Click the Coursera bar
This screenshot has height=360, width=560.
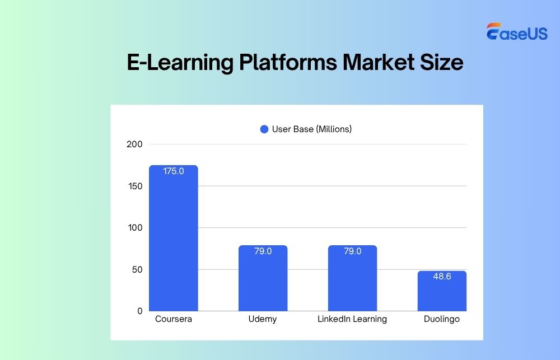tap(173, 238)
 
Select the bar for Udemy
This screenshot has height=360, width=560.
tap(263, 278)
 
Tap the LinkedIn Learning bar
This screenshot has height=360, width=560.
tap(352, 278)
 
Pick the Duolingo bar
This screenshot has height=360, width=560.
tap(442, 291)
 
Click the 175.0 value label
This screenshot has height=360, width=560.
tap(173, 171)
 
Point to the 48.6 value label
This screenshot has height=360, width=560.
tap(442, 277)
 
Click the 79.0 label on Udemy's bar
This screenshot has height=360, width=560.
tap(263, 251)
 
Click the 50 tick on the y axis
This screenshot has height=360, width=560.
tap(137, 269)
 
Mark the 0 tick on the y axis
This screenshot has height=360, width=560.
tap(139, 311)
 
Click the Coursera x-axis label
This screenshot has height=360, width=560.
tap(173, 319)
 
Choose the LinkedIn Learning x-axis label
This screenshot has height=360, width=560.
tap(352, 319)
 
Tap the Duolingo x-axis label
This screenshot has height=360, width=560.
tap(442, 319)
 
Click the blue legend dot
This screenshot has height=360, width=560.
tap(264, 129)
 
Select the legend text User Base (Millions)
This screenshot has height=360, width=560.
tap(312, 129)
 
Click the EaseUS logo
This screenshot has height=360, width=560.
tap(516, 33)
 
